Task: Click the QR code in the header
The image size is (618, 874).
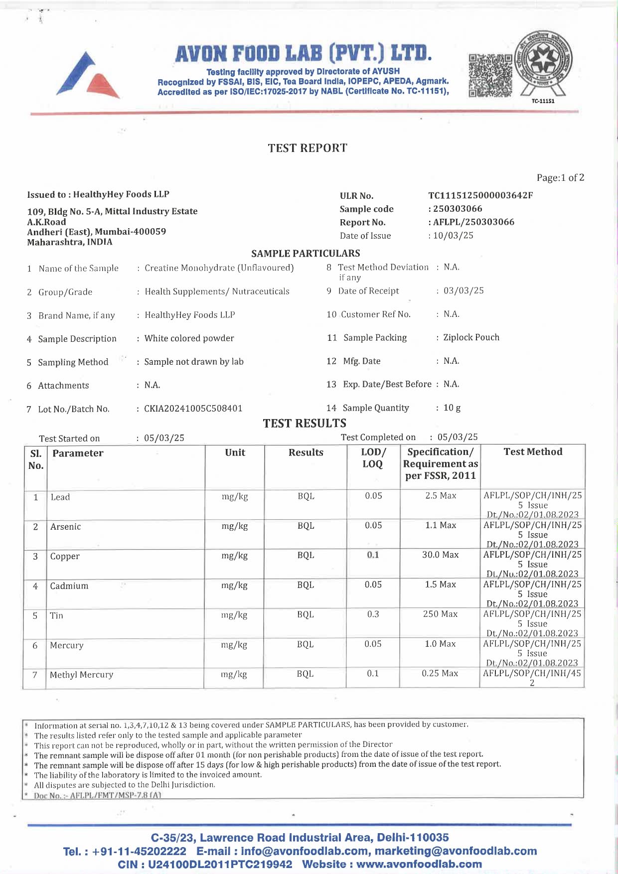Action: coord(490,75)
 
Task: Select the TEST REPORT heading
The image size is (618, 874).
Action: coord(308,148)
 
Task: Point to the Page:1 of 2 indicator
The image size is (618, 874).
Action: coord(560,178)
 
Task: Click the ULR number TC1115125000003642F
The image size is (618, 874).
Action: coord(480,195)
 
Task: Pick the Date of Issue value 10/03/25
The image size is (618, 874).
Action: coord(453,235)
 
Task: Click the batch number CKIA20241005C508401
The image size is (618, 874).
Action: coord(193,409)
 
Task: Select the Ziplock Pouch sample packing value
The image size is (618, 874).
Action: coord(471,337)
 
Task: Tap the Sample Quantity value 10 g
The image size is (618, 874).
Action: coord(452,408)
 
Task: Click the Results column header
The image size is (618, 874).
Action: coord(306,452)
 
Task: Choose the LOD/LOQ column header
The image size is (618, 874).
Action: coord(373,458)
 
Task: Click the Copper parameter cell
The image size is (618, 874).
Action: coord(65,556)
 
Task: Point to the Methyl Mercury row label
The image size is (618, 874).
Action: coord(82,675)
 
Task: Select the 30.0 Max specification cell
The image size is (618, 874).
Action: coord(440,555)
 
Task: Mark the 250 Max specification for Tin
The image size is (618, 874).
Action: coord(440,614)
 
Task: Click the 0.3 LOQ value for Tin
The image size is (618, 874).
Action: coord(373,614)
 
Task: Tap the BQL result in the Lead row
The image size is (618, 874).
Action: coord(306,496)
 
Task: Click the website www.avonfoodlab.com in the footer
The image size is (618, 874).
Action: coord(419,864)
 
